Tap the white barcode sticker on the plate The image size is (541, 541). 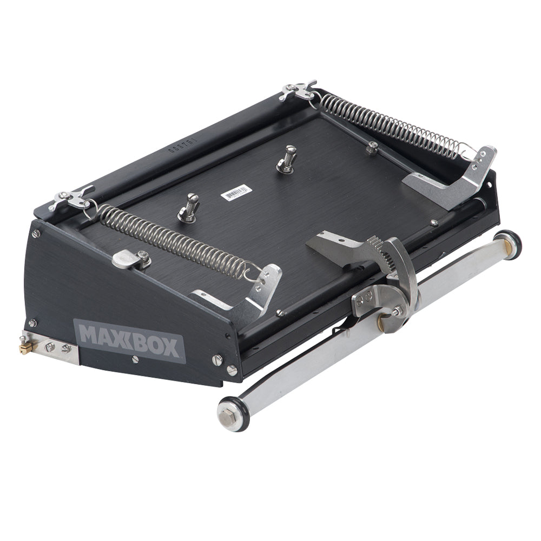click(x=236, y=193)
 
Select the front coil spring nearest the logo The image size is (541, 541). click(x=170, y=238)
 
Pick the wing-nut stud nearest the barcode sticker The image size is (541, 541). click(x=287, y=160)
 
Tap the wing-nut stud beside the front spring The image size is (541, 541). click(x=188, y=209)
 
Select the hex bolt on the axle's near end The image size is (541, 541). click(x=226, y=416)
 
